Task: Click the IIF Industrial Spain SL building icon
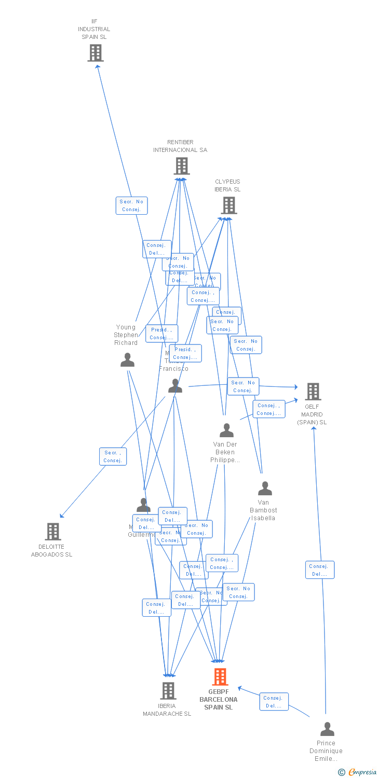point(96,53)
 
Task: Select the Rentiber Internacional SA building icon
point(181,166)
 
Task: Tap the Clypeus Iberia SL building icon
point(228,205)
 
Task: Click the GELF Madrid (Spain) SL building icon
point(313,392)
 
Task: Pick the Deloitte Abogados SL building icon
point(53,532)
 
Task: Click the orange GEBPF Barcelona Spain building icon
point(220,677)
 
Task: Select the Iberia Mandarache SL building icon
point(168,691)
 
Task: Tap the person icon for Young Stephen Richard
point(127,360)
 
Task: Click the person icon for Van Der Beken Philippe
point(226,430)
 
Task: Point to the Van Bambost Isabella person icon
point(265,489)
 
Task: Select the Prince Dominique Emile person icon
point(327,729)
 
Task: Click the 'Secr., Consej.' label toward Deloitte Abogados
point(113,456)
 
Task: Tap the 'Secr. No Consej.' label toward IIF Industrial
point(131,205)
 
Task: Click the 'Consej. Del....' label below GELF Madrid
point(319,570)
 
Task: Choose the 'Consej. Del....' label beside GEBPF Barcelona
point(274,702)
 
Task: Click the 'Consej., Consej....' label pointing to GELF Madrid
point(269,409)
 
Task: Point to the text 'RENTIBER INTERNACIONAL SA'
point(180,146)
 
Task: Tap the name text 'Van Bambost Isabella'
point(263,510)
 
